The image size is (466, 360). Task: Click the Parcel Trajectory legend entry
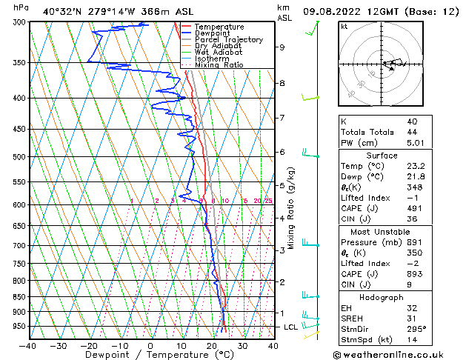coord(228,39)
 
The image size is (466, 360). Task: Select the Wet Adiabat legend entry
coord(219,52)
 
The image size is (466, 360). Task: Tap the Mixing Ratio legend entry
coord(219,64)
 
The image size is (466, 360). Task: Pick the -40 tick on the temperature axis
coord(28,345)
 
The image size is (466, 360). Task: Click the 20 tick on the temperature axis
coord(212,345)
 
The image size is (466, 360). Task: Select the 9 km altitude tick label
coord(282,47)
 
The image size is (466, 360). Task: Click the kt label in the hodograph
coord(344,26)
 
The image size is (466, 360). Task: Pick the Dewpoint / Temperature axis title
coord(150,354)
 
